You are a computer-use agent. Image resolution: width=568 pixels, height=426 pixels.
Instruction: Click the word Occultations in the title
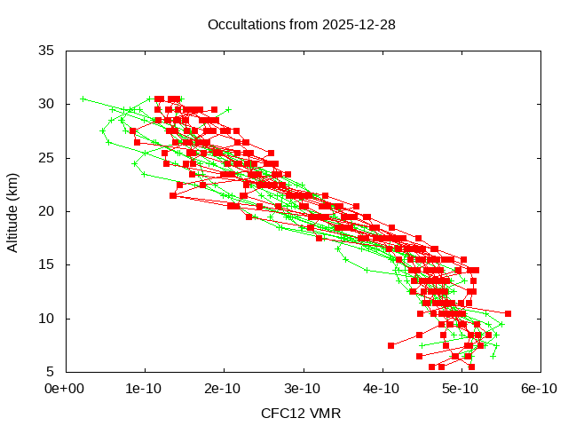coord(241,24)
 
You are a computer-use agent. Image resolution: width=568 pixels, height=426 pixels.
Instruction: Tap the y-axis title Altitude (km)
coord(12,211)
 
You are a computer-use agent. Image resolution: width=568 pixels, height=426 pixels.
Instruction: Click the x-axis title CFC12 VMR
coord(301,413)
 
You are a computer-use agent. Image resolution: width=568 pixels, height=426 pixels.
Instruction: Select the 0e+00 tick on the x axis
coord(65,388)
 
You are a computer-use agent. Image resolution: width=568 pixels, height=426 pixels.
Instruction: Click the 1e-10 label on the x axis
coord(144,388)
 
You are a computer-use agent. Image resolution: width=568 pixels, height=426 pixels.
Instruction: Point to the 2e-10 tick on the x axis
coord(223,388)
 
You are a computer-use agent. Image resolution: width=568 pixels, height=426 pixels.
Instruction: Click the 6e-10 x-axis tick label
coord(539,388)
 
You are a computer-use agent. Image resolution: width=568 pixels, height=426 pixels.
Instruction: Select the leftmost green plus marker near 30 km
coord(83,99)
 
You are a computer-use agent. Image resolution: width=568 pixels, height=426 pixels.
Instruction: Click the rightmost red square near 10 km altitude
coord(508,313)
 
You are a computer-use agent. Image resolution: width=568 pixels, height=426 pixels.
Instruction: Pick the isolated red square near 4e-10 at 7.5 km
coord(390,345)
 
